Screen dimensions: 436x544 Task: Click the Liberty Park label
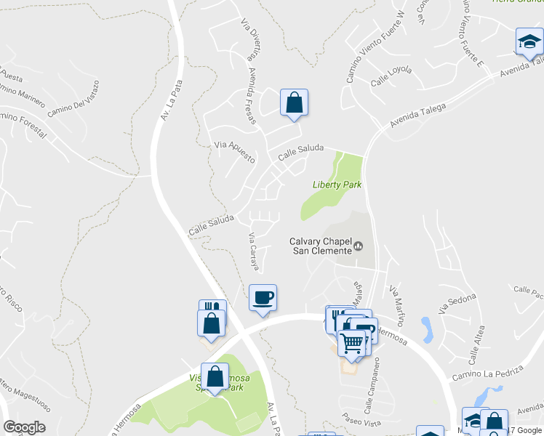pyautogui.click(x=337, y=185)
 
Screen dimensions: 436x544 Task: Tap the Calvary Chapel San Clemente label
pyautogui.click(x=321, y=246)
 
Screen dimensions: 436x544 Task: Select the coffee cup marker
pyautogui.click(x=263, y=297)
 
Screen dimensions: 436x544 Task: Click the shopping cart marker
pyautogui.click(x=352, y=342)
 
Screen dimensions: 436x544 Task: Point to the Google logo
pyautogui.click(x=24, y=427)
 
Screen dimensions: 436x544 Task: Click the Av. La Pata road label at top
pyautogui.click(x=168, y=101)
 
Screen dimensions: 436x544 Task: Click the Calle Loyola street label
pyautogui.click(x=391, y=75)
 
